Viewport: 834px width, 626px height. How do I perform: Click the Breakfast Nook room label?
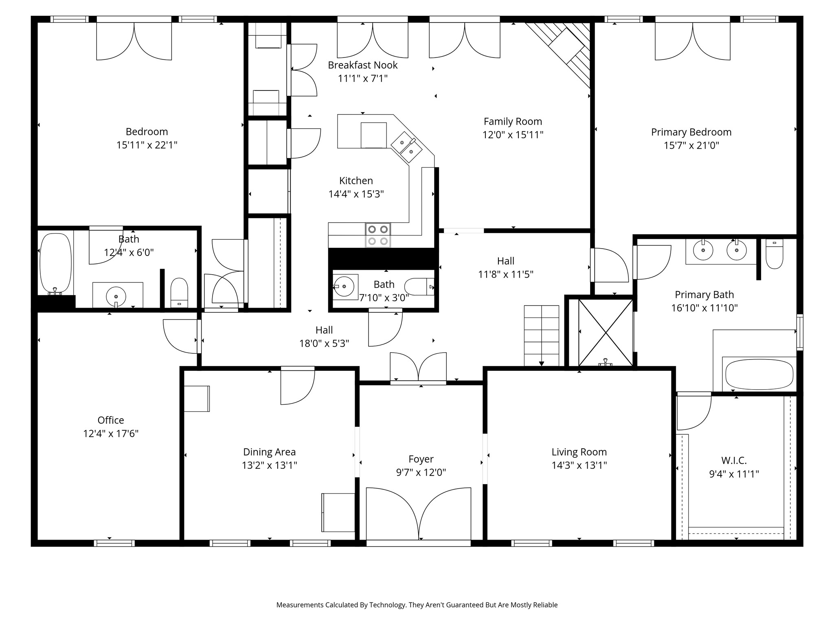(x=362, y=65)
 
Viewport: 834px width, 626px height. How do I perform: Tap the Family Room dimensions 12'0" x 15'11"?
(x=513, y=135)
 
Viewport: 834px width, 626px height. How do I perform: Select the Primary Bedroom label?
(x=691, y=132)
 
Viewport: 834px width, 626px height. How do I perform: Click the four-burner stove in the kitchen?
(x=378, y=235)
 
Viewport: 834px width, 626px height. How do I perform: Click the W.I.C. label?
(x=734, y=461)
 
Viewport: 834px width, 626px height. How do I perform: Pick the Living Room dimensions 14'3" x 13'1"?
(x=579, y=465)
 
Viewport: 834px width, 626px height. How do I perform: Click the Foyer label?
(x=421, y=459)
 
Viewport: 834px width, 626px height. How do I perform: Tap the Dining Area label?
(x=269, y=452)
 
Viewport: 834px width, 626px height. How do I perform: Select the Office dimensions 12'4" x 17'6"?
(x=111, y=434)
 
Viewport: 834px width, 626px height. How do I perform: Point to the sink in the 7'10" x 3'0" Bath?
(x=344, y=287)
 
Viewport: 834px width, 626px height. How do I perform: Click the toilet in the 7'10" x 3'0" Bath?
(x=419, y=287)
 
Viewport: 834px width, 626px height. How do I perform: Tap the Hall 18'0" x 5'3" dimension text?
(x=324, y=344)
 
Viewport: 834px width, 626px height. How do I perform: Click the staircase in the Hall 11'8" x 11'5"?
(x=541, y=335)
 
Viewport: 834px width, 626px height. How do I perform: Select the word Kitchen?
(x=356, y=181)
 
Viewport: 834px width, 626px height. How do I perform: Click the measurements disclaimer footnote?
(x=417, y=605)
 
